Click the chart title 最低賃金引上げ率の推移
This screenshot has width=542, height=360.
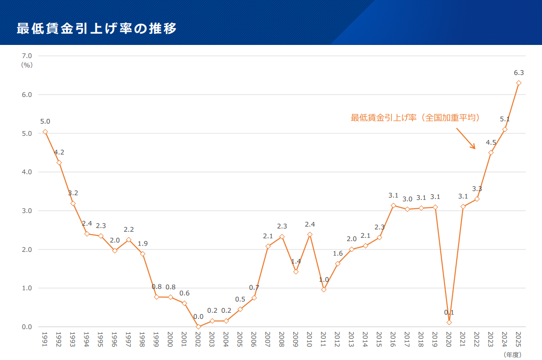coord(97,29)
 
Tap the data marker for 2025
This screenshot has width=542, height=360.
coord(519,83)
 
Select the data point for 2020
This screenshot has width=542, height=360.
coord(449,322)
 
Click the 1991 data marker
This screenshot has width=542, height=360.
coord(45,132)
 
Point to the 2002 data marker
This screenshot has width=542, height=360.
coord(198,327)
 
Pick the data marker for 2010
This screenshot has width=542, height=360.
coord(310,234)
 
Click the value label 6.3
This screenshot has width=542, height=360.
coord(519,73)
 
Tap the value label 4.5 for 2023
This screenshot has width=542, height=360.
coord(491,142)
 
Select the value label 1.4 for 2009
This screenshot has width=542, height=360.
coord(296,261)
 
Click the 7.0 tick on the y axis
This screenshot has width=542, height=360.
coord(27,56)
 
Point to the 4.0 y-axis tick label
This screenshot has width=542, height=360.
coord(27,172)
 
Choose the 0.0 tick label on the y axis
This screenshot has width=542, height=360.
coord(27,327)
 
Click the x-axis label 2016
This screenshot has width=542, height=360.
coord(393,339)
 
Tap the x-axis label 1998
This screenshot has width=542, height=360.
coord(142,339)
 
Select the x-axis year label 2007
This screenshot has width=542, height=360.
coord(267,339)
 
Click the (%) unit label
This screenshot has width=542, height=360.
coord(27,65)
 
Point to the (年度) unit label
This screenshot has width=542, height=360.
coord(512,355)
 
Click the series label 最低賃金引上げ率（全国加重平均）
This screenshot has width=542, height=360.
coord(416,118)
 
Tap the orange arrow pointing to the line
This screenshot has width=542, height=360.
coord(466,139)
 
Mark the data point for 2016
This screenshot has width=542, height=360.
coord(393,205)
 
